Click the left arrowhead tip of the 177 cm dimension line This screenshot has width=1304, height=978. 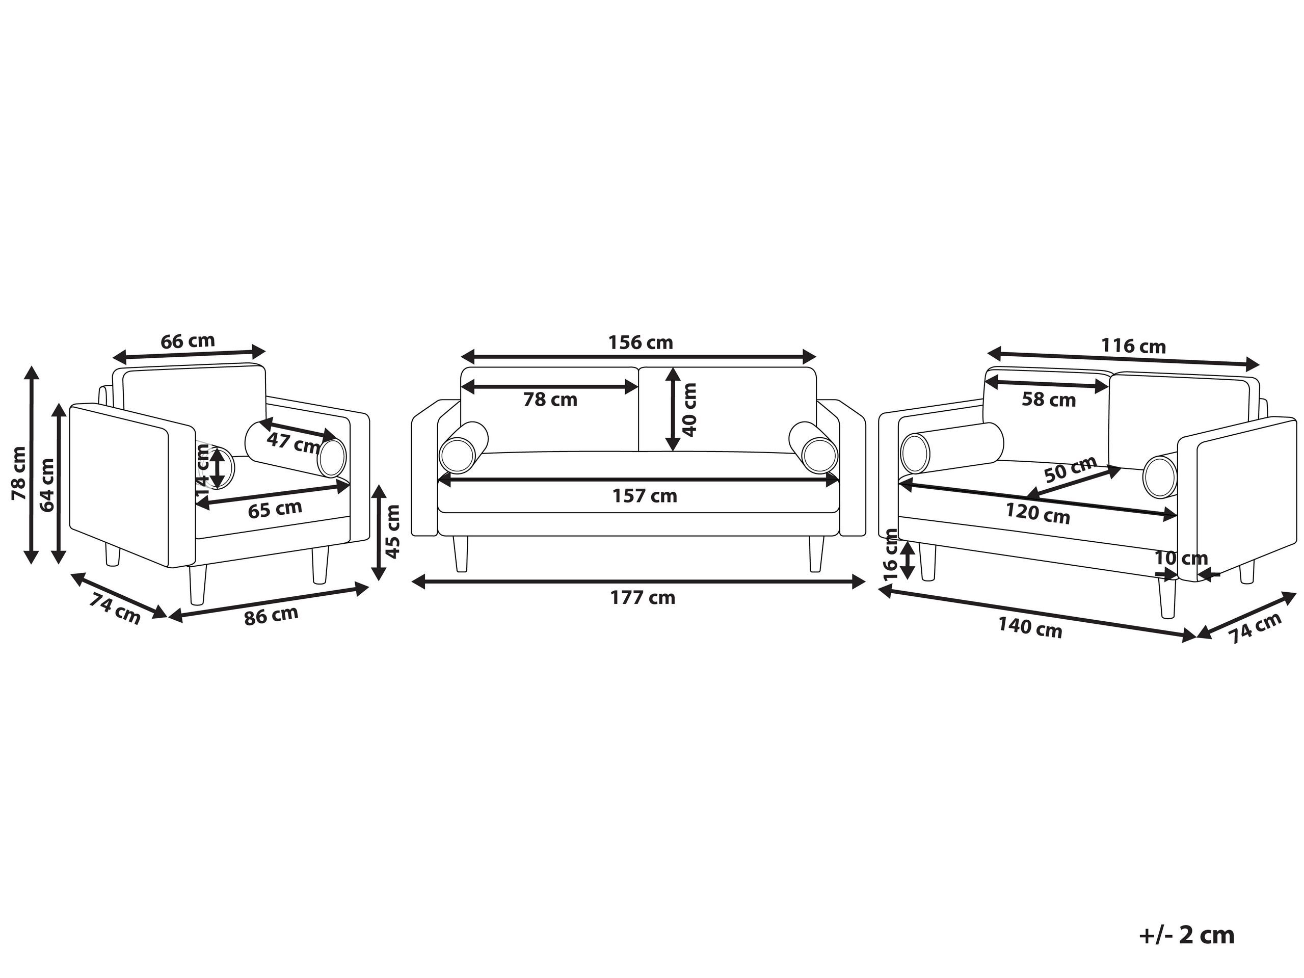tap(412, 583)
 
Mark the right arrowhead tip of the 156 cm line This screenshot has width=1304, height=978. tap(816, 357)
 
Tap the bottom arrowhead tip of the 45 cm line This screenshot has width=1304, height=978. tap(379, 579)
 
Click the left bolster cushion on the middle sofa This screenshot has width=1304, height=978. tap(464, 447)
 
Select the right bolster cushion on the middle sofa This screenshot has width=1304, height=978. tap(813, 447)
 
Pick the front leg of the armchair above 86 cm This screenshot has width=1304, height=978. tap(198, 585)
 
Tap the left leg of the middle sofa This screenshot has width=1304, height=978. tap(461, 553)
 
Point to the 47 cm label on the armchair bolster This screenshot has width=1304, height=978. tap(293, 441)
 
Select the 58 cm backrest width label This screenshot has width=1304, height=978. tap(1049, 400)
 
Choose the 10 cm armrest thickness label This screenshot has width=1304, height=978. tap(1181, 558)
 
